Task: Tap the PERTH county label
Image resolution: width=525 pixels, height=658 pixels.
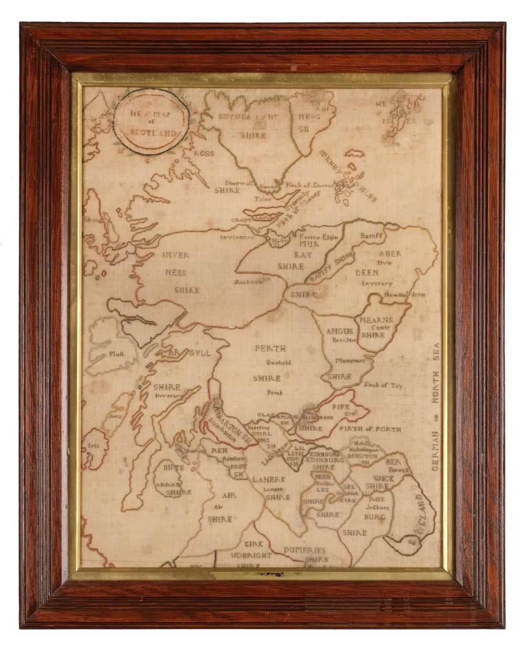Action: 270,348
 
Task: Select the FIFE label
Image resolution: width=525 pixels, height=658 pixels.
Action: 341,406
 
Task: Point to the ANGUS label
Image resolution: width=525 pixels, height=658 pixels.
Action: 339,331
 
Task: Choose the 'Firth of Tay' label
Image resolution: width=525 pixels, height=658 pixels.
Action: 383,385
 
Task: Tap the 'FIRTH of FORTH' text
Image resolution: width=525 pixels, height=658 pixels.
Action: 370,429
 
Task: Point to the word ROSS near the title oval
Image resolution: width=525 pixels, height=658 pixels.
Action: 204,154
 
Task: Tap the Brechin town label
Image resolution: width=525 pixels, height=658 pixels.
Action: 344,340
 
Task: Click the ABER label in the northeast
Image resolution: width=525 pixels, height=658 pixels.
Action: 390,253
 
